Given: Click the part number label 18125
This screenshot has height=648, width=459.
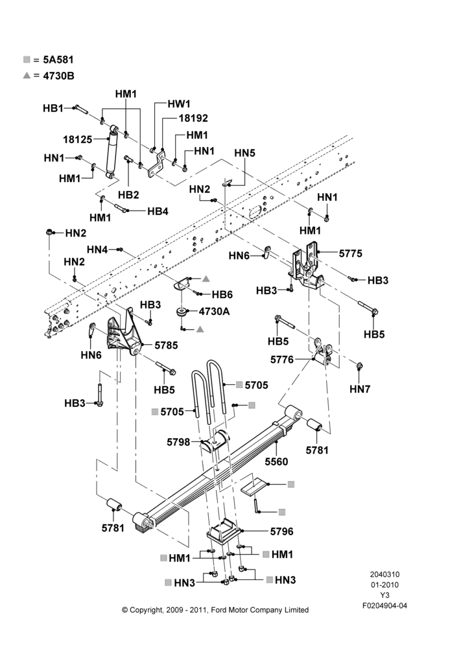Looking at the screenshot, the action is pos(77,139).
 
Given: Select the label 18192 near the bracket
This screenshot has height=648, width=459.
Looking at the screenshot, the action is pos(193,118).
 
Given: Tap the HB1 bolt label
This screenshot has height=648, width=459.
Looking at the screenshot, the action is pos(53,108).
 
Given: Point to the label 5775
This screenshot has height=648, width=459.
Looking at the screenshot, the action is pos(351,253).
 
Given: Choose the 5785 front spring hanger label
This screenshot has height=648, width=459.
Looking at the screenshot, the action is pos(166,345).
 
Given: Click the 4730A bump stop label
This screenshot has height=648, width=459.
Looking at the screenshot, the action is pos(214,311).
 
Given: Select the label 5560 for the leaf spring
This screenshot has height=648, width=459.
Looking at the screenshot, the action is pos(276,461).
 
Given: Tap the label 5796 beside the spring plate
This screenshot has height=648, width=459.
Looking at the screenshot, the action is pos(281,531).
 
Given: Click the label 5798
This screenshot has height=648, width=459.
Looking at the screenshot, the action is pos(178,442).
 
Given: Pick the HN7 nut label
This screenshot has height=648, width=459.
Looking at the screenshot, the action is pos(360,389).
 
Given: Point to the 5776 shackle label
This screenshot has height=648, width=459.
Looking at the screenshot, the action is pos(282,360).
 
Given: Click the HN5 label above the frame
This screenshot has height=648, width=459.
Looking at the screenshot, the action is pos(245,153).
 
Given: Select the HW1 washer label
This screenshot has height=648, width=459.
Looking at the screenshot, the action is pos(179,104).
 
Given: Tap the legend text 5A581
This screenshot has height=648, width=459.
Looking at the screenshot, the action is pos(58,60).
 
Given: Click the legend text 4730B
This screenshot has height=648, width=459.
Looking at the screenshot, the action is pos(59,76).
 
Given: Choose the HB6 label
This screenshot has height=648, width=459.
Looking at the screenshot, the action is pos(222,295).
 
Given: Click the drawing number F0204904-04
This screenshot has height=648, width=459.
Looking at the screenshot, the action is pos(384,606).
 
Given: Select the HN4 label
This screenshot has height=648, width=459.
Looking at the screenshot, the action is pos(97,249).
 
